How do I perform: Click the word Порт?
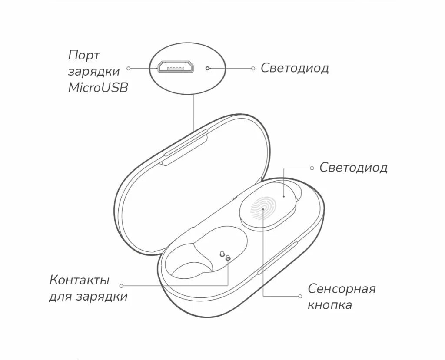pos(84,56)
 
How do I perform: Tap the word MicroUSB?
pos(98,87)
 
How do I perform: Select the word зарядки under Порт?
pos(94,72)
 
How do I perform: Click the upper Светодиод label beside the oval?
pos(295,68)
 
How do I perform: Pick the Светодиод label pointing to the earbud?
pos(353,168)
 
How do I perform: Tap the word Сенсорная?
pos(342,289)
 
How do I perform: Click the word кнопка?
pos(330,305)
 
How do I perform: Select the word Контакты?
pos(79,280)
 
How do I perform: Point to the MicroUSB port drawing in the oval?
pos(176,68)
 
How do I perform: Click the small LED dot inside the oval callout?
pos(208,69)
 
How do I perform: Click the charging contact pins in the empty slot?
pos(225,256)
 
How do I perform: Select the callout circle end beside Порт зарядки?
pos(129,68)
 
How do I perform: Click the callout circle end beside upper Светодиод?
pos(254,68)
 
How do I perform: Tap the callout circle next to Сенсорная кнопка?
pos(300,297)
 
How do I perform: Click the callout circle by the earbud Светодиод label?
pos(312,168)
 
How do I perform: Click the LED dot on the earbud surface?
pos(284,196)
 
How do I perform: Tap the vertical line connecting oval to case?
pos(192,113)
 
